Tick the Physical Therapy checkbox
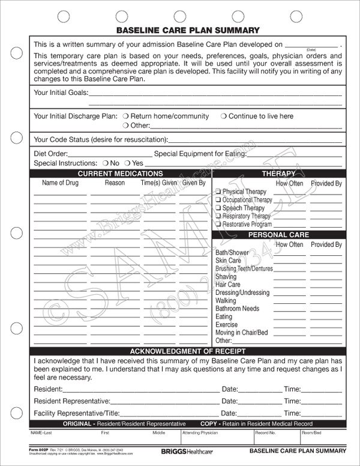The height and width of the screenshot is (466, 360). (218, 192)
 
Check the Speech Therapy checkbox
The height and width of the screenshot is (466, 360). (218, 208)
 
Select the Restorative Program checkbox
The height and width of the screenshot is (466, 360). (218, 224)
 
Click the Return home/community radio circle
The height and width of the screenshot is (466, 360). (125, 116)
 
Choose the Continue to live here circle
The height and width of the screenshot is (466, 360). (223, 116)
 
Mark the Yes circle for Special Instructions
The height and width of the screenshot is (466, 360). (127, 163)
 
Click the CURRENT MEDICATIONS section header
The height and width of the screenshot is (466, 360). (120, 174)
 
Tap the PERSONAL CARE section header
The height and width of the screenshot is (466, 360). (278, 235)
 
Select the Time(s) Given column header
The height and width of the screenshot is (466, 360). (158, 183)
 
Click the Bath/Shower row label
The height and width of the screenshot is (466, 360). (232, 253)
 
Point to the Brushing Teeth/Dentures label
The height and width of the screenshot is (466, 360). (244, 268)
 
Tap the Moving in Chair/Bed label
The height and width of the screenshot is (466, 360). (241, 332)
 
